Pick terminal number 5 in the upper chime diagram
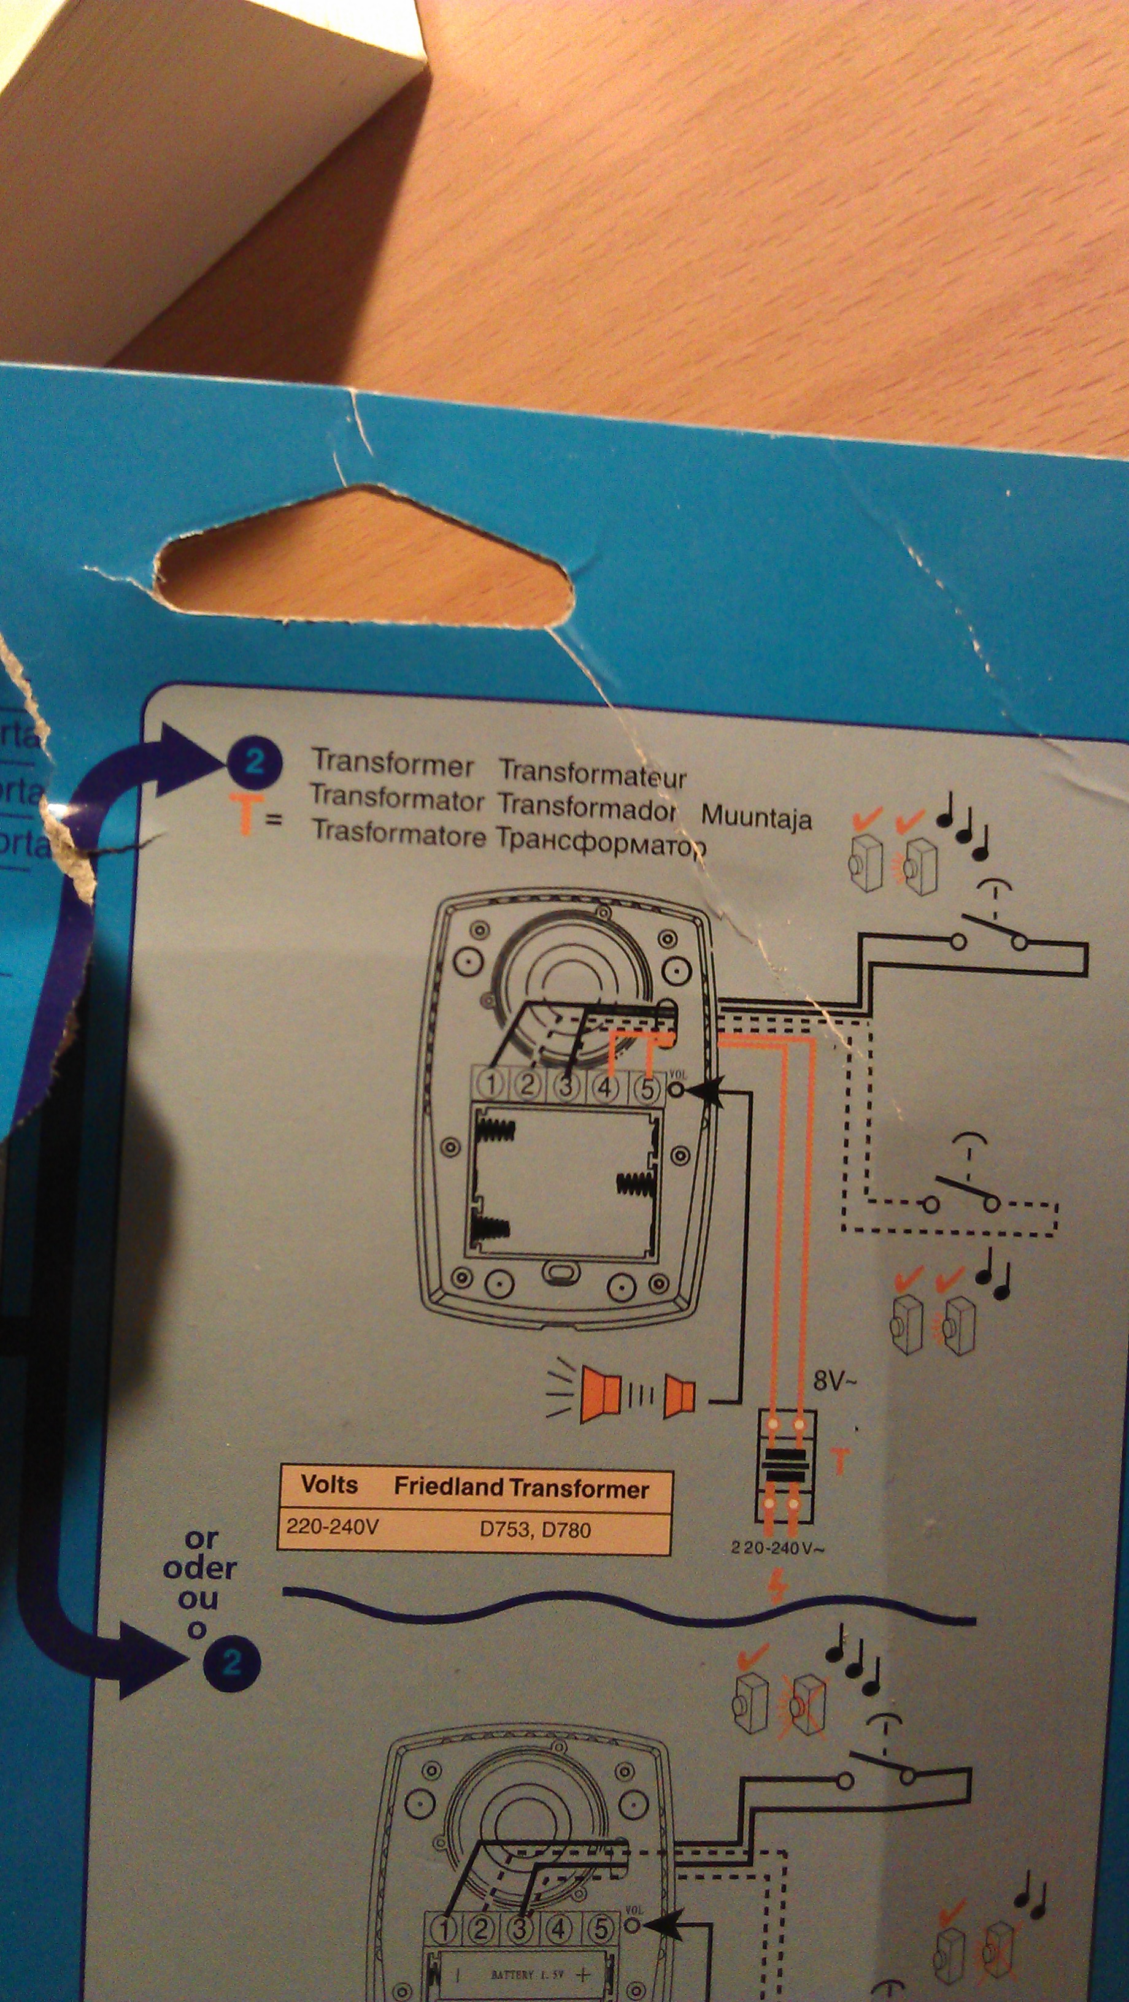pos(647,1089)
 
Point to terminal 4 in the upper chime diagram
pos(606,1087)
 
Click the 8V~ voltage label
pos(834,1380)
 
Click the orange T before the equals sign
pos(245,815)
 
